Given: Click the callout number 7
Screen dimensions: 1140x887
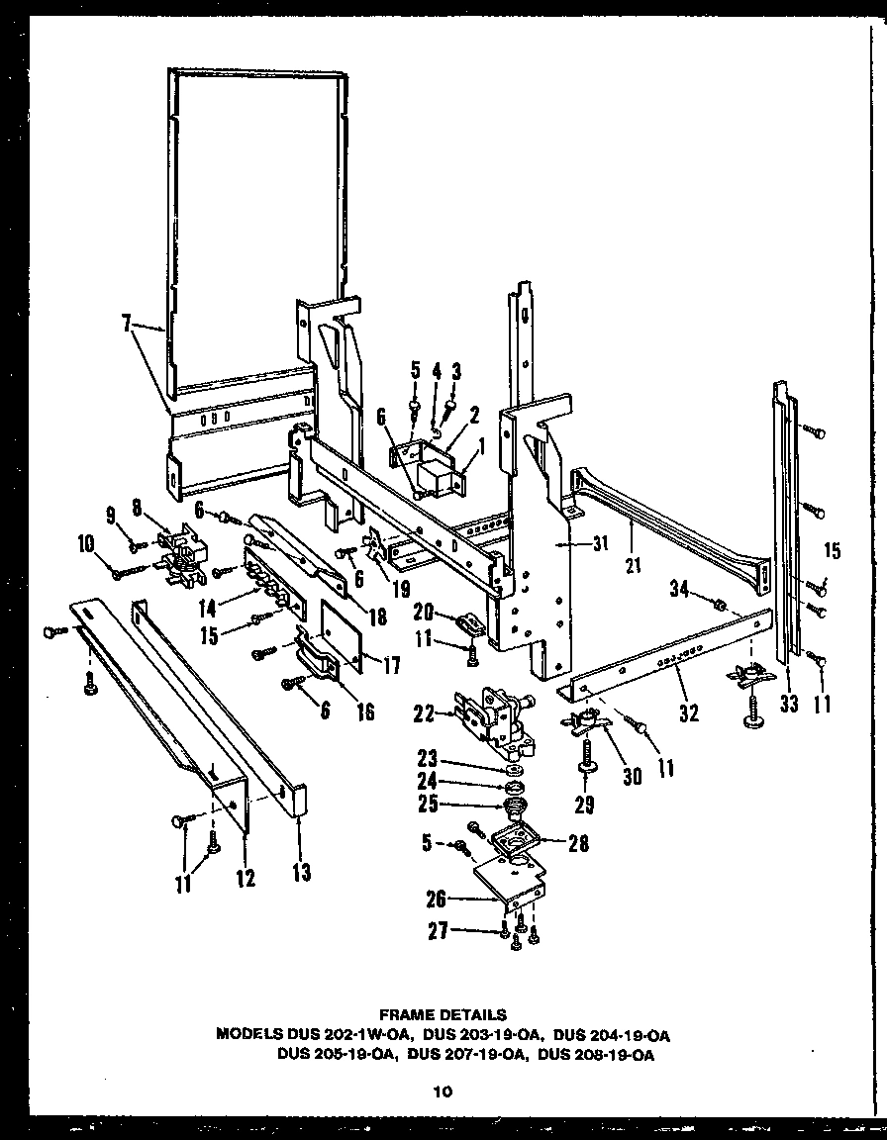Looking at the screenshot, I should pyautogui.click(x=126, y=325).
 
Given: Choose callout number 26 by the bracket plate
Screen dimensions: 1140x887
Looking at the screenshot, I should pyautogui.click(x=436, y=900).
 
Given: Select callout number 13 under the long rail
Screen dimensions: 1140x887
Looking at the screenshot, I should pyautogui.click(x=300, y=872).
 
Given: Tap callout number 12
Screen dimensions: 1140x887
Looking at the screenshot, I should pyautogui.click(x=245, y=877).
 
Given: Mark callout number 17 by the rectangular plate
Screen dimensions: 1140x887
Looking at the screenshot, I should pyautogui.click(x=391, y=666).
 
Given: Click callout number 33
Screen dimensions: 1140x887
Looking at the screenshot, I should pyautogui.click(x=789, y=706).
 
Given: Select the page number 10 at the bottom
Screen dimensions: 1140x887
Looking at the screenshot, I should pyautogui.click(x=443, y=1092).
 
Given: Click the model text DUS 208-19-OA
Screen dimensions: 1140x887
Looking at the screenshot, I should pyautogui.click(x=595, y=1055).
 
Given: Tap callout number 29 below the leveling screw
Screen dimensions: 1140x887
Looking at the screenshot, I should pyautogui.click(x=585, y=805).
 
